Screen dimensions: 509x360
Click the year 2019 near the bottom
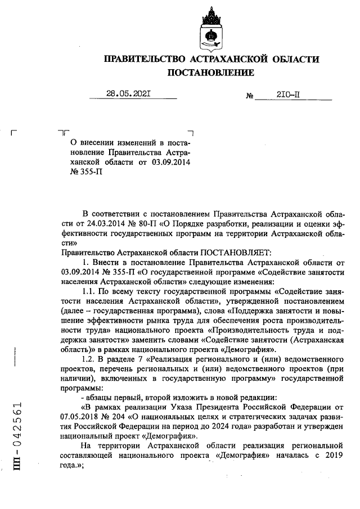[x=332, y=456]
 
